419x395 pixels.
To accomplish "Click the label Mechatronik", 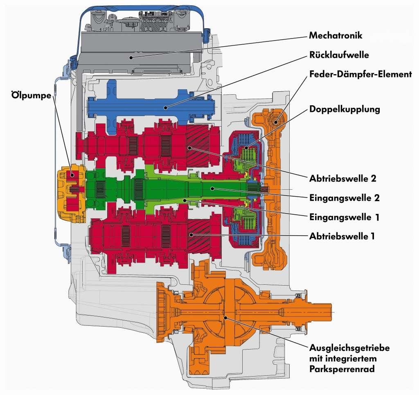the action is pyautogui.click(x=336, y=35).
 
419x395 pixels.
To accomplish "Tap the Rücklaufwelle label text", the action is pyautogui.click(x=339, y=55).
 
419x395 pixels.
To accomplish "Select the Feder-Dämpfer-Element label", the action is pyautogui.click(x=360, y=74).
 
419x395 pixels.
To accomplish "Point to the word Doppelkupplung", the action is pyautogui.click(x=345, y=109).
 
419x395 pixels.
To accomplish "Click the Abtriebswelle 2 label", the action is pyautogui.click(x=342, y=179).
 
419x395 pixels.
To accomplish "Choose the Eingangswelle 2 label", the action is pyautogui.click(x=345, y=198).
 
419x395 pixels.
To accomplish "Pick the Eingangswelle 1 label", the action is pyautogui.click(x=345, y=217).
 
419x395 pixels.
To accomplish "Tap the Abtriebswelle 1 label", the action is pyautogui.click(x=342, y=236).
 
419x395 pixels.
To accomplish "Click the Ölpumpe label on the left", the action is pyautogui.click(x=31, y=95).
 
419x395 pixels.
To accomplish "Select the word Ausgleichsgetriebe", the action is pyautogui.click(x=349, y=348).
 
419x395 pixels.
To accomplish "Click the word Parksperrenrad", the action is pyautogui.click(x=342, y=369).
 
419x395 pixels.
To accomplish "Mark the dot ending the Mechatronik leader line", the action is pyautogui.click(x=131, y=57).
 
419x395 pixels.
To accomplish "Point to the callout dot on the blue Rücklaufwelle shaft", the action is pyautogui.click(x=166, y=108).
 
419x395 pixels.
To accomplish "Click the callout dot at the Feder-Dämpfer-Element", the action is pyautogui.click(x=276, y=122).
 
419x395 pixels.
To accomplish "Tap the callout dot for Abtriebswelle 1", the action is pyautogui.click(x=191, y=235).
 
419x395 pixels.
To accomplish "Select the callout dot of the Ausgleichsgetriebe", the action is pyautogui.click(x=226, y=318).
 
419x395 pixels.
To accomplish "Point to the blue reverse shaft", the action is pyautogui.click(x=151, y=107).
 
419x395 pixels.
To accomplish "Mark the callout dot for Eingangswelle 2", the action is pyautogui.click(x=212, y=188).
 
